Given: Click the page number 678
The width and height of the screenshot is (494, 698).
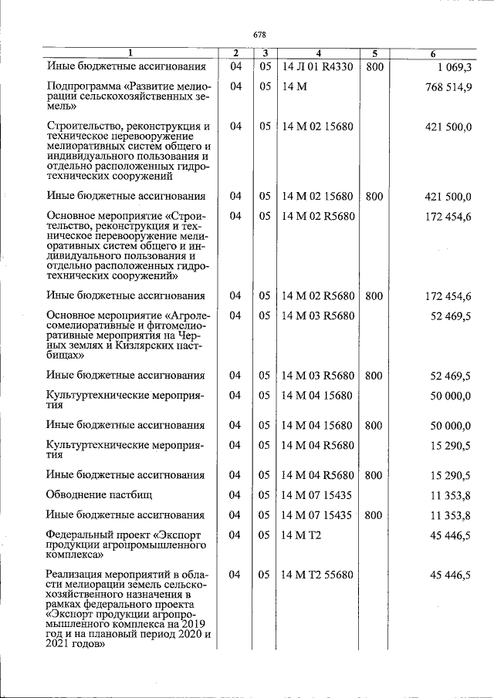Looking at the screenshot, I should click(x=259, y=35).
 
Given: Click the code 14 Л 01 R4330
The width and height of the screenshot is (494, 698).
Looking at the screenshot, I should click(x=317, y=68).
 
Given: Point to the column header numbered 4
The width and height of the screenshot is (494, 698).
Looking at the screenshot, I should click(x=317, y=53).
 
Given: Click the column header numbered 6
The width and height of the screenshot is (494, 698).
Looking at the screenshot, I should click(x=434, y=53).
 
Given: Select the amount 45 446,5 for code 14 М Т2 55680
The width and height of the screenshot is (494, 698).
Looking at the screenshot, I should click(x=449, y=575).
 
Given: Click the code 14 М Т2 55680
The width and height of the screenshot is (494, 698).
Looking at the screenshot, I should click(x=317, y=575).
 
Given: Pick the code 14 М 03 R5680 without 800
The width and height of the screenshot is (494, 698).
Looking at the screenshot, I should click(x=318, y=315).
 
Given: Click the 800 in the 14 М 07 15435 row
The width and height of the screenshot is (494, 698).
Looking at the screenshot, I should click(x=374, y=515).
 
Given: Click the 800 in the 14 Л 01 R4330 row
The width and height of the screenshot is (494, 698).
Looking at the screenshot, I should click(x=374, y=68).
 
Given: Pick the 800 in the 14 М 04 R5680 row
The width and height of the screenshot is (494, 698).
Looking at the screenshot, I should click(x=374, y=476).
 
